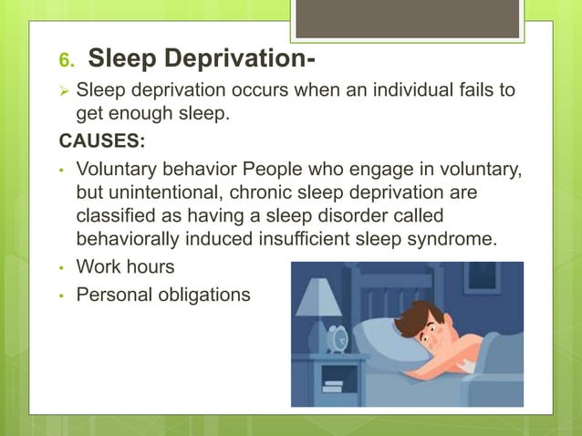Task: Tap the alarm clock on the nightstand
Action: pyautogui.click(x=337, y=337)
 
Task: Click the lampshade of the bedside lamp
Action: pyautogui.click(x=319, y=296)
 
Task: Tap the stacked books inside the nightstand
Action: pyautogui.click(x=332, y=386)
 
